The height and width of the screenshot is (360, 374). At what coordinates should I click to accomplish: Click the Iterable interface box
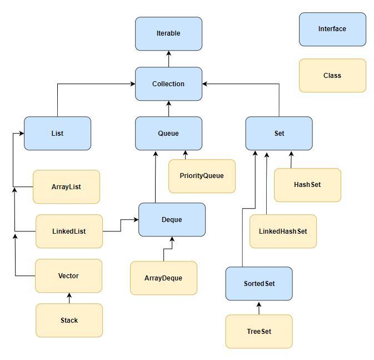168,33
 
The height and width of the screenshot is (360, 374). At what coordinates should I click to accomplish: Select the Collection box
168,84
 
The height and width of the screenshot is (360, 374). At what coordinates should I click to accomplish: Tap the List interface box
57,134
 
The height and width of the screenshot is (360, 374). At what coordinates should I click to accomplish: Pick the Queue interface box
168,134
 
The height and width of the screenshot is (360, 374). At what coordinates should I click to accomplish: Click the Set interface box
279,134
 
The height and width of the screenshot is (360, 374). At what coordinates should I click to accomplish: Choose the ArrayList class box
66,187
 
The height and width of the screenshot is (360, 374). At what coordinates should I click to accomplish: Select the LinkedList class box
69,231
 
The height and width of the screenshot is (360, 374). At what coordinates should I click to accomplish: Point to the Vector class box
68,276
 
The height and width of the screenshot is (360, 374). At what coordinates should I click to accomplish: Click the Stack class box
69,320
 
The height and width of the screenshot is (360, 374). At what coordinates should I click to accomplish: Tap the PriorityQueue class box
202,176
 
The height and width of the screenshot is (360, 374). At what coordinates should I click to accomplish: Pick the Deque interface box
172,220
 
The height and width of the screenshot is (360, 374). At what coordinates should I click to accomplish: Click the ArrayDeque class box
163,278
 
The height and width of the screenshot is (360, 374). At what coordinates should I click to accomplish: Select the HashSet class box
307,185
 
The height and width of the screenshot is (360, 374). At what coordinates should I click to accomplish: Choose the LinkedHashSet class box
283,231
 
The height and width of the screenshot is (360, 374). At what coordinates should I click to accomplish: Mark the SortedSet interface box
259,284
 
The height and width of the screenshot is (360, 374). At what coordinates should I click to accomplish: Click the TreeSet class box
259,332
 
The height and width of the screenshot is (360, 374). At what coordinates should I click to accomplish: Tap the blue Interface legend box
332,29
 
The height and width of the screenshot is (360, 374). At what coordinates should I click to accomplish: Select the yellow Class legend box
332,76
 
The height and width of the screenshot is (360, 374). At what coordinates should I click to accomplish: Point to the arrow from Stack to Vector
69,298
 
